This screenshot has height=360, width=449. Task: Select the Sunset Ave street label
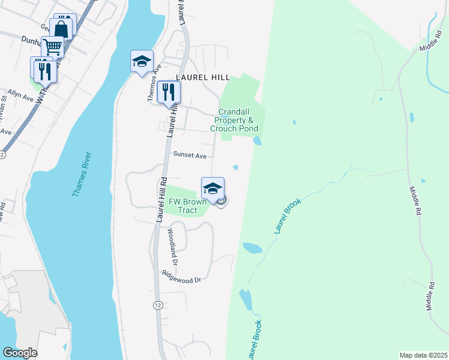(190, 155)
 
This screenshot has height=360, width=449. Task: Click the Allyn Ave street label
(20, 96)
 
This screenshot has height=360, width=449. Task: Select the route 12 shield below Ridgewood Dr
(157, 305)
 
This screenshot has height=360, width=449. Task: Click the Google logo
(20, 352)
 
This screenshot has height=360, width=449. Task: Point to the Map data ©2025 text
(423, 355)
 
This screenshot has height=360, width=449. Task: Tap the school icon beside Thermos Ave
(142, 61)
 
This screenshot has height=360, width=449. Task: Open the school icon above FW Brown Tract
(212, 188)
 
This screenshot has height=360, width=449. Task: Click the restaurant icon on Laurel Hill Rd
(169, 92)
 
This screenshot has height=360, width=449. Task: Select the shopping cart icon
(53, 46)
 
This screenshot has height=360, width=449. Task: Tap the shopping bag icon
(62, 28)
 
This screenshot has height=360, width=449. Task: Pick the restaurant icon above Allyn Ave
(45, 71)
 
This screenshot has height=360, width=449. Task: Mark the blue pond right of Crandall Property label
(257, 141)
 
